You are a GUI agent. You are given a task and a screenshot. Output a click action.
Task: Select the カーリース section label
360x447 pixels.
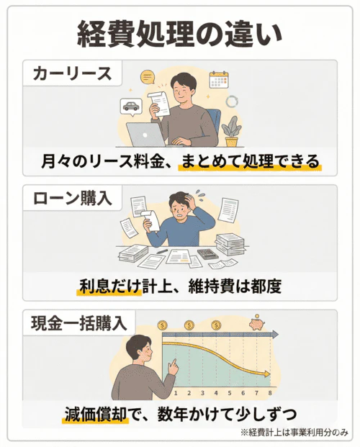point(72,75)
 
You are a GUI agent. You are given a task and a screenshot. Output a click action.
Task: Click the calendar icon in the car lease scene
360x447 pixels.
point(218,78)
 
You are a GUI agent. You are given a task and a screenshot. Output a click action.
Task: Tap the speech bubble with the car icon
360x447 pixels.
point(132,106)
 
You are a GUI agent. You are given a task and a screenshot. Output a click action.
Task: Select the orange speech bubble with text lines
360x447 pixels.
point(149,76)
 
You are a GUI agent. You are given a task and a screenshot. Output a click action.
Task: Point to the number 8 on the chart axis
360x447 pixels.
point(270,394)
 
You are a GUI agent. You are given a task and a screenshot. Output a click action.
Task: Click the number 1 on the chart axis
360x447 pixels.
point(175,394)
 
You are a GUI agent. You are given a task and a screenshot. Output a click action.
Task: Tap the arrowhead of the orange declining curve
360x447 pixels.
point(266,374)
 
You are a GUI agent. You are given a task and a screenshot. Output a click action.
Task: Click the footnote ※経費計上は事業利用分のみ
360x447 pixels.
point(294,433)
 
